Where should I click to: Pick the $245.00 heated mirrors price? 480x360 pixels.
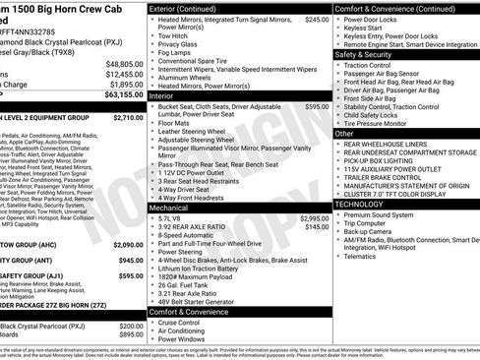(x=317, y=19)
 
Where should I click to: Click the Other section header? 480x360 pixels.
(x=344, y=133)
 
